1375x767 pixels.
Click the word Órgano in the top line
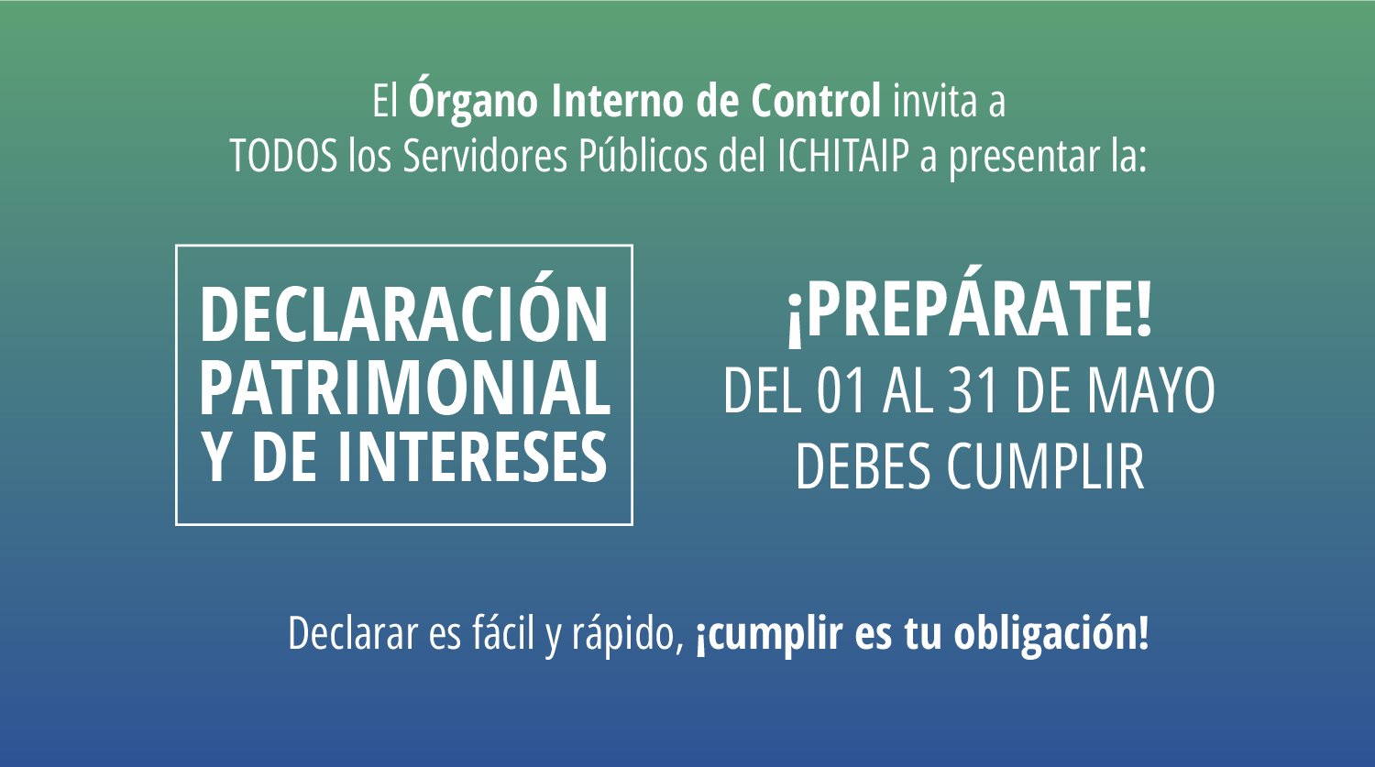click(473, 98)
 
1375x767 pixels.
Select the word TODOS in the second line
click(284, 156)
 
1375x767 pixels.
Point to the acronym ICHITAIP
click(842, 156)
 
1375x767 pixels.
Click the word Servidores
click(485, 156)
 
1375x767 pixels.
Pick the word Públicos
click(643, 156)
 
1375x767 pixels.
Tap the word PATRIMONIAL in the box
click(405, 388)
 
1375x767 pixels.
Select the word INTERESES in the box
click(473, 455)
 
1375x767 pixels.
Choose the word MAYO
click(1151, 391)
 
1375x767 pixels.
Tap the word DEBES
click(863, 466)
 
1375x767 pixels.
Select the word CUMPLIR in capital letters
click(1046, 466)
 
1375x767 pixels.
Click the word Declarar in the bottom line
click(353, 633)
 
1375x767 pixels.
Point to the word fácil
click(503, 632)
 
